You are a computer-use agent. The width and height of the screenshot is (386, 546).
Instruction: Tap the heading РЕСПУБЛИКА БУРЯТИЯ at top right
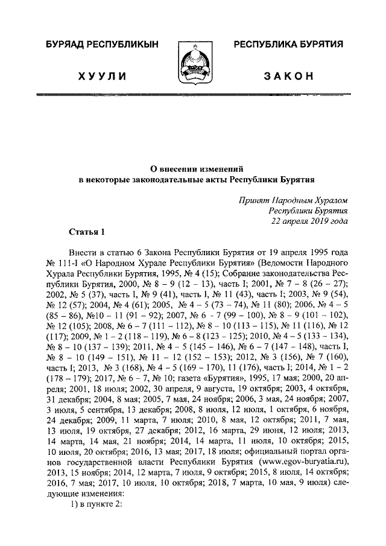[288, 45]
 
